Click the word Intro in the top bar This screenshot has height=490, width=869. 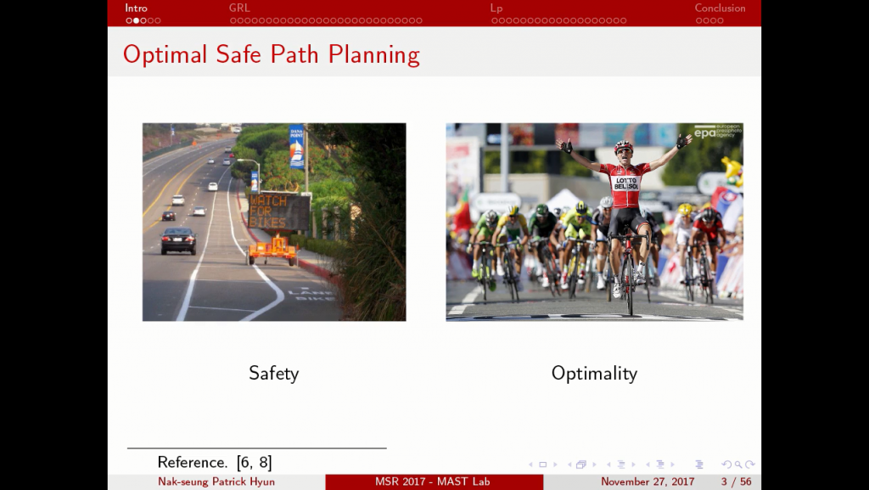click(x=136, y=8)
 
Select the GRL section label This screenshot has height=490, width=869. click(x=239, y=8)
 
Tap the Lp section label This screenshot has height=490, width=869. click(x=496, y=8)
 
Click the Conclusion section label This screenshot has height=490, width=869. click(x=720, y=8)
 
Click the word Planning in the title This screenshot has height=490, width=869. click(x=374, y=55)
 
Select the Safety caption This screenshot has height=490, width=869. click(x=273, y=373)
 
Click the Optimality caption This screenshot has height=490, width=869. click(x=594, y=373)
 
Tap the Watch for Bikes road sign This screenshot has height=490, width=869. click(x=279, y=211)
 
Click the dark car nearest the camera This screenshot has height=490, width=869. click(x=178, y=240)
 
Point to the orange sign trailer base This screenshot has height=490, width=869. click(x=272, y=250)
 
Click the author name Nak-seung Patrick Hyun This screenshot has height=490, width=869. click(x=216, y=482)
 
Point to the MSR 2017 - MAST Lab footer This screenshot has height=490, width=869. click(x=433, y=482)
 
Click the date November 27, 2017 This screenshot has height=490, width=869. click(x=648, y=482)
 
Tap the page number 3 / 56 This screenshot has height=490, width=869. click(x=736, y=482)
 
